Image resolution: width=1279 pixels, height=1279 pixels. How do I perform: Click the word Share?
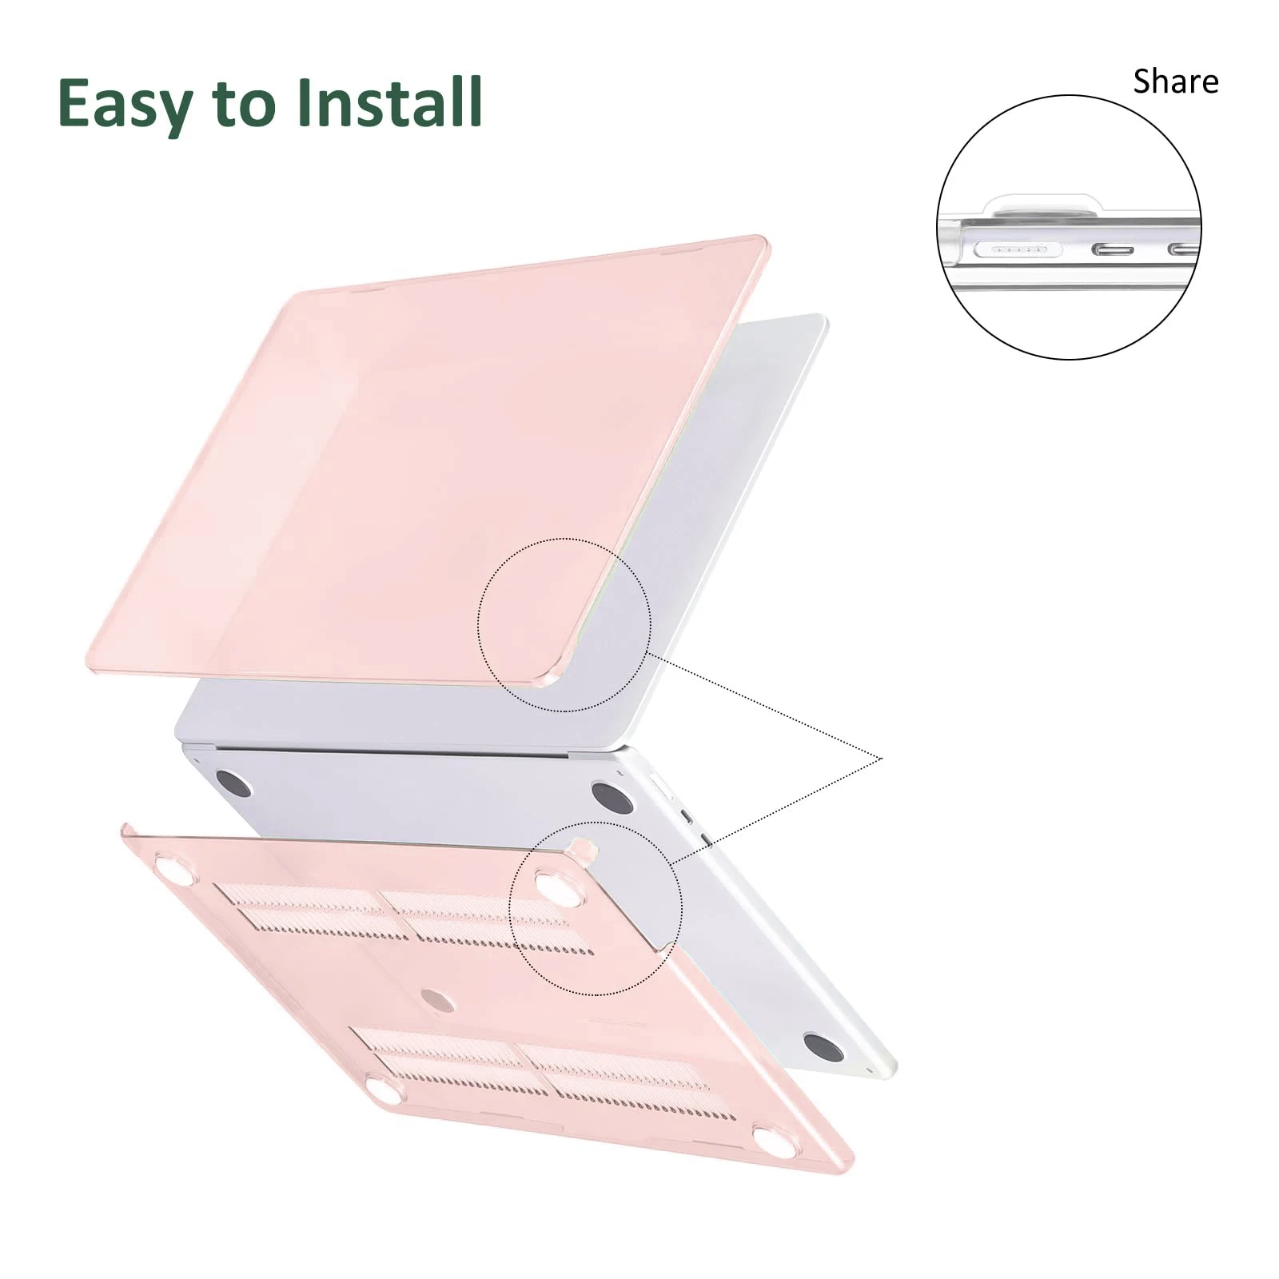pyautogui.click(x=1176, y=82)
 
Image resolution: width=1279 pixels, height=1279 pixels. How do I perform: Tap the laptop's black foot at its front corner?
pyautogui.click(x=823, y=1048)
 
